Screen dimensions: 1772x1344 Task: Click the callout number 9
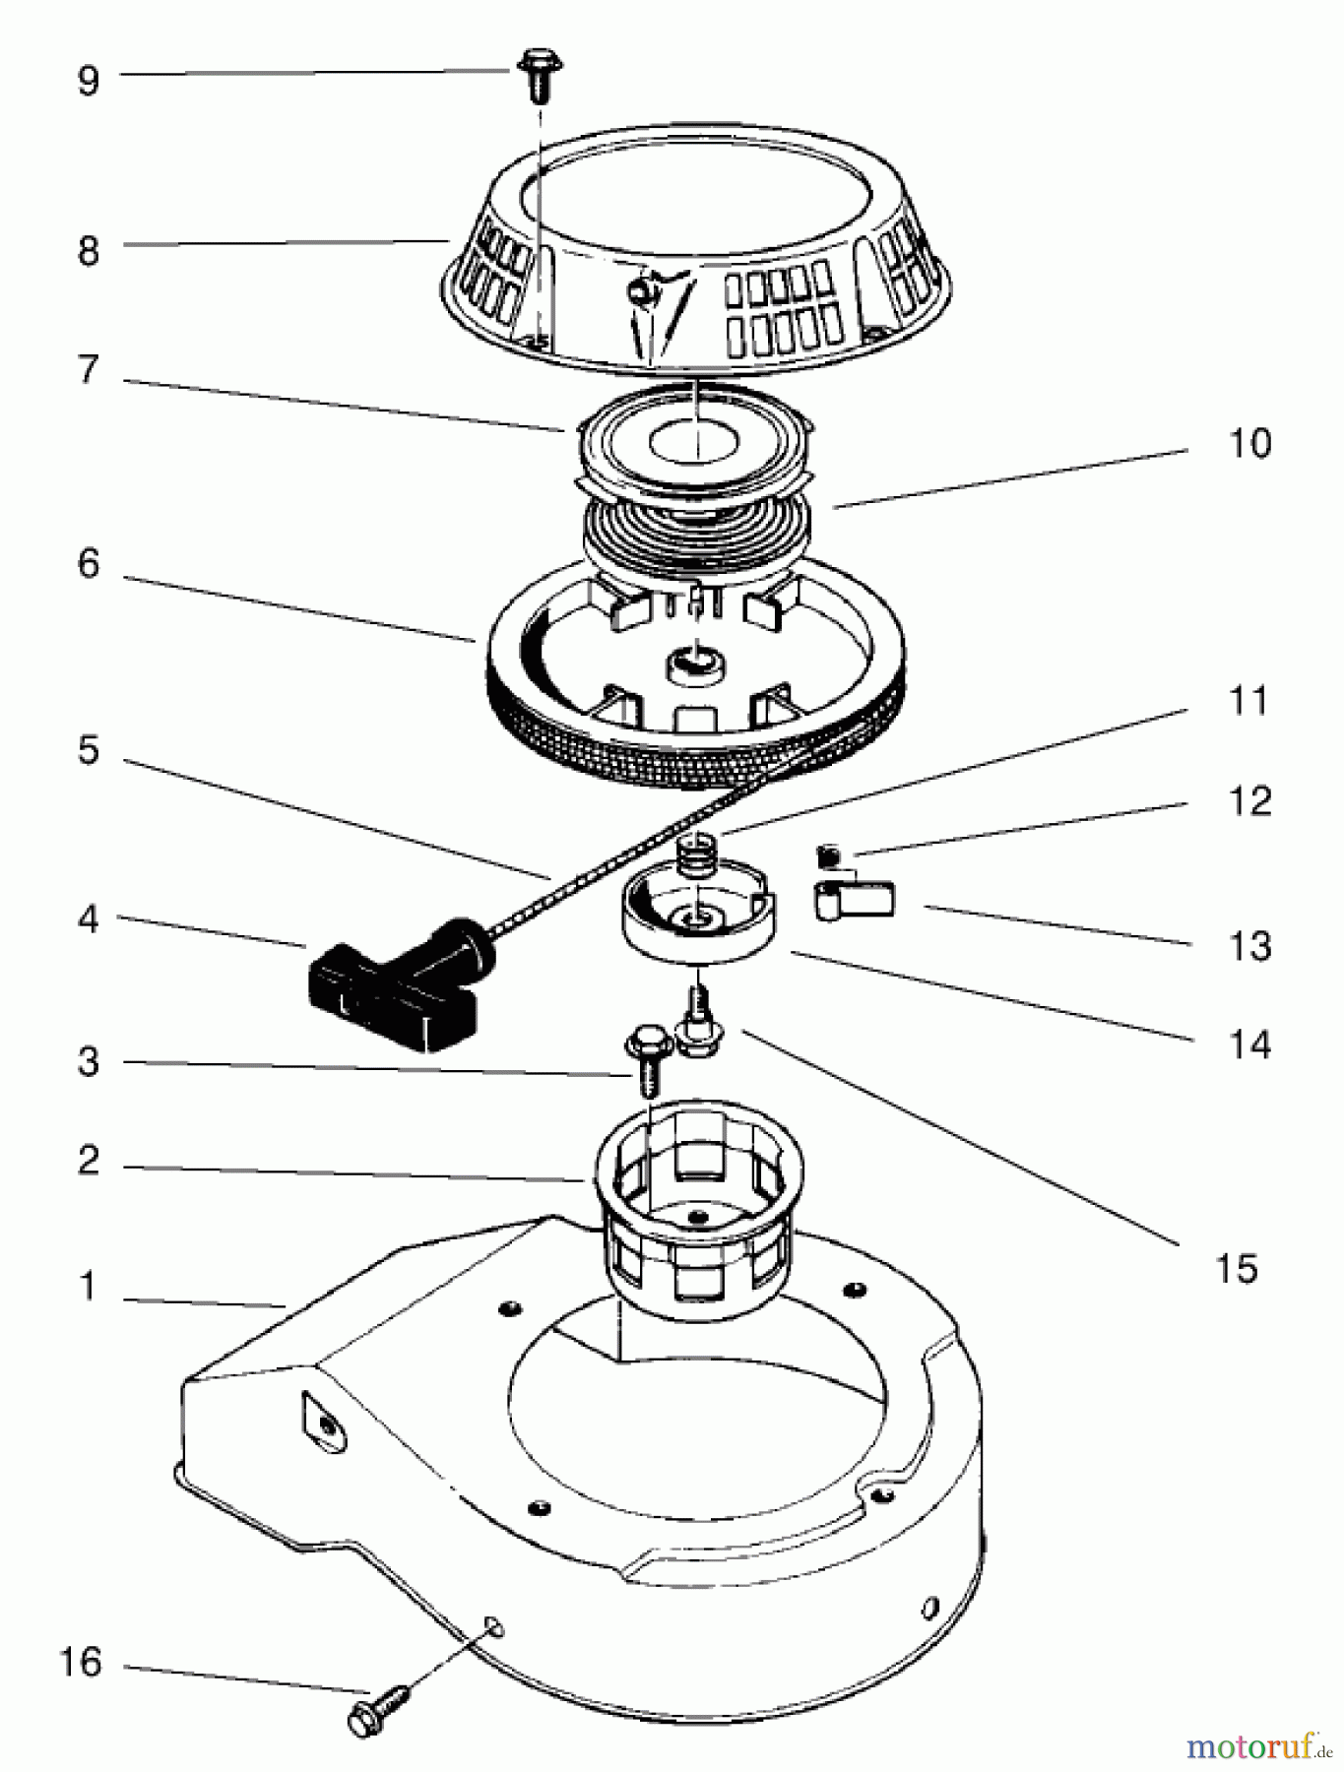[x=89, y=80]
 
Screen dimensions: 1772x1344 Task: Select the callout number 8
[x=89, y=250]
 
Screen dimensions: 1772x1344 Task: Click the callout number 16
[x=81, y=1662]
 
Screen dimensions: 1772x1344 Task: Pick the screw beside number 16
[x=380, y=1708]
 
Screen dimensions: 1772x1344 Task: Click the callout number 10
[x=1249, y=443]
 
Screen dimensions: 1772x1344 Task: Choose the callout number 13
[x=1249, y=945]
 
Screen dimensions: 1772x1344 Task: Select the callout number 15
[x=1236, y=1268]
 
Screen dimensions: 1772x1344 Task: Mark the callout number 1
[x=89, y=1286]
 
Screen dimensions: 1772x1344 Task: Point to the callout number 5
[x=89, y=750]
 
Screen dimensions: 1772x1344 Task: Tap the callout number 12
[x=1249, y=800]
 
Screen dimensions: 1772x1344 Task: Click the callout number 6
[x=89, y=563]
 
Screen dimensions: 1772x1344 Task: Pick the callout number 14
[x=1249, y=1044]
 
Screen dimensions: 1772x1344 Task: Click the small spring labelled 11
[x=700, y=850]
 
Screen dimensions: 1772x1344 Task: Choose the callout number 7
[x=89, y=369]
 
